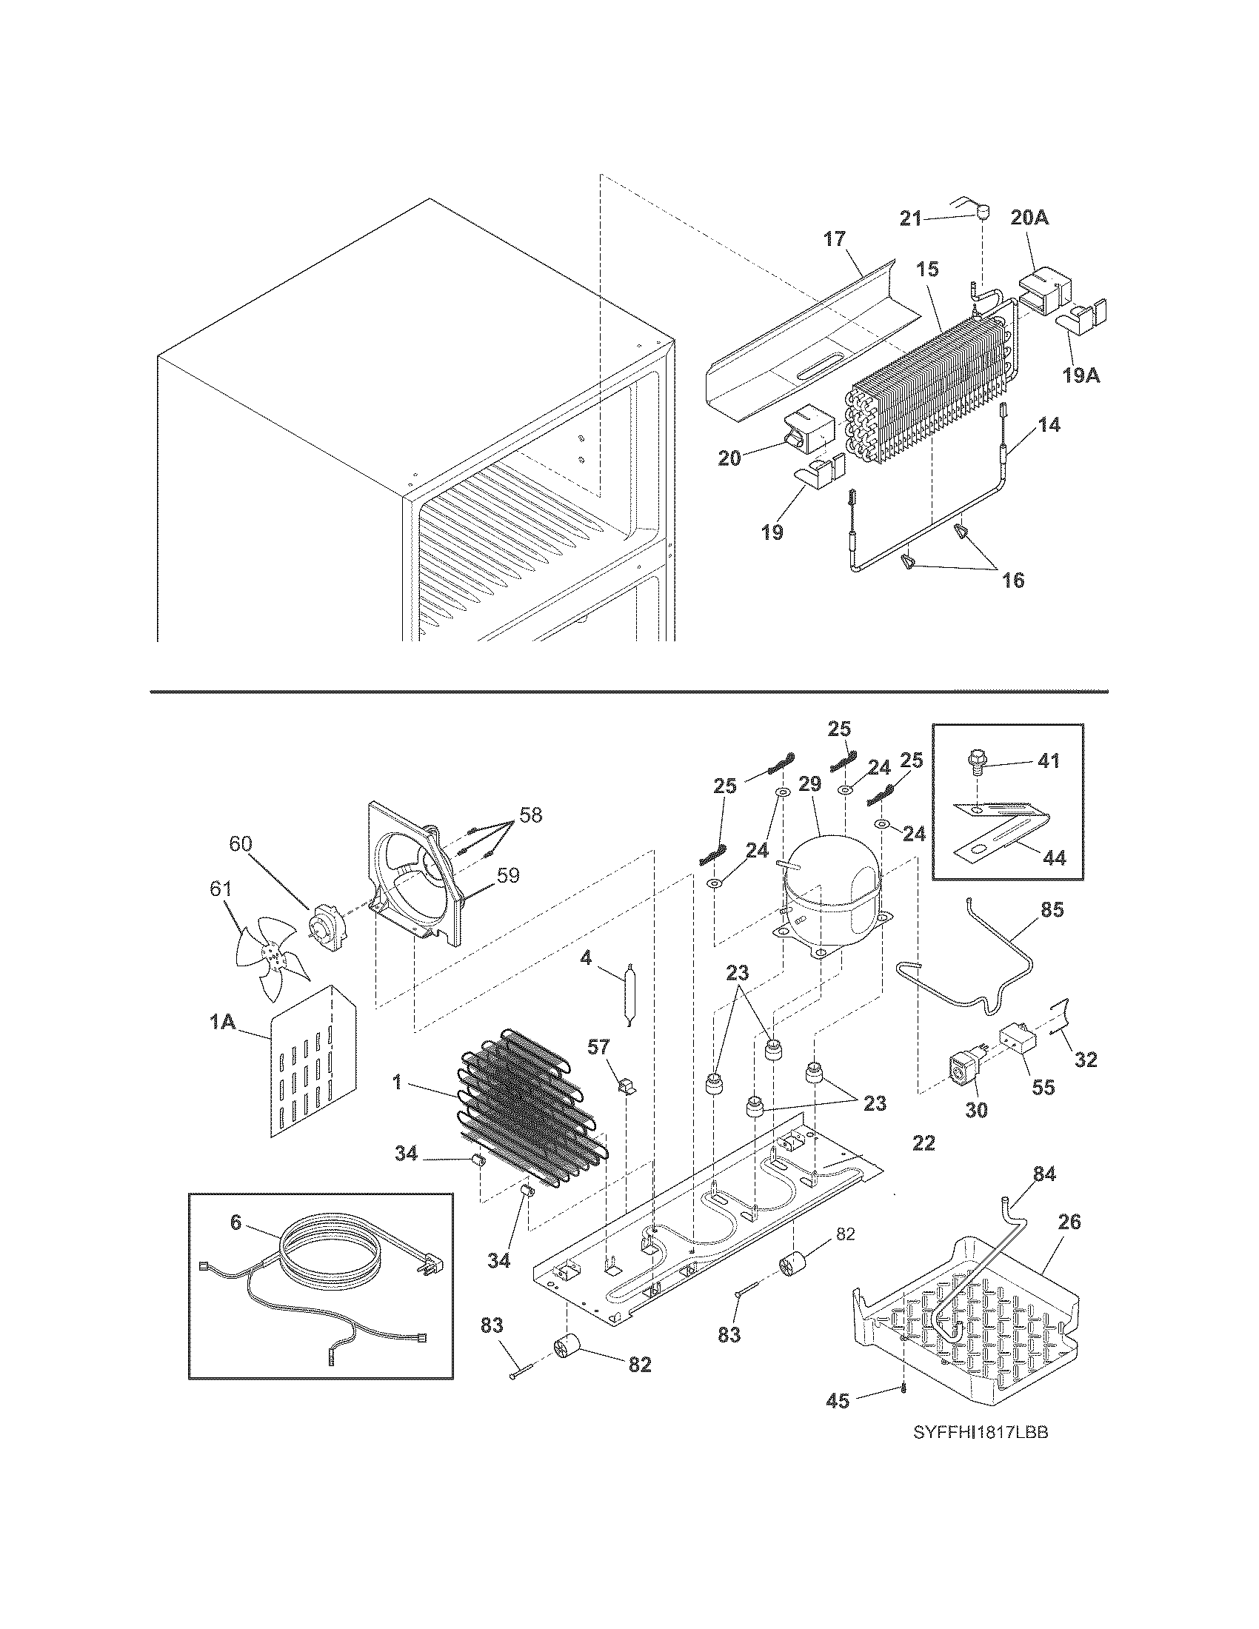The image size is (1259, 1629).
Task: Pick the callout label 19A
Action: (x=1081, y=375)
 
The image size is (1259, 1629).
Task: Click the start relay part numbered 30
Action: (x=961, y=1080)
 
